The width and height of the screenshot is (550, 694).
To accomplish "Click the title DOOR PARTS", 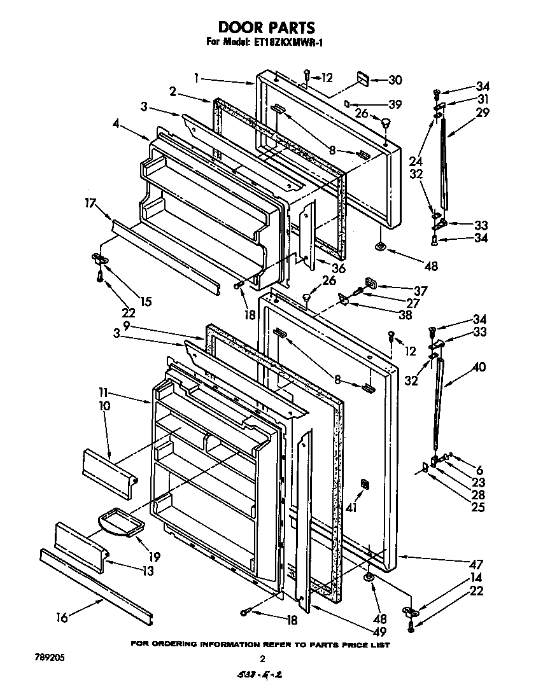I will point(267,27).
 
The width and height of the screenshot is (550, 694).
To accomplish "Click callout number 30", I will point(395,80).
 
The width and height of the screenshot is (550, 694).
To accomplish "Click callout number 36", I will point(338,268).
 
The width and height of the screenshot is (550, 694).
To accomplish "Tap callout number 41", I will point(349,508).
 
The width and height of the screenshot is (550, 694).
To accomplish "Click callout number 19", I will point(153,557).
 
